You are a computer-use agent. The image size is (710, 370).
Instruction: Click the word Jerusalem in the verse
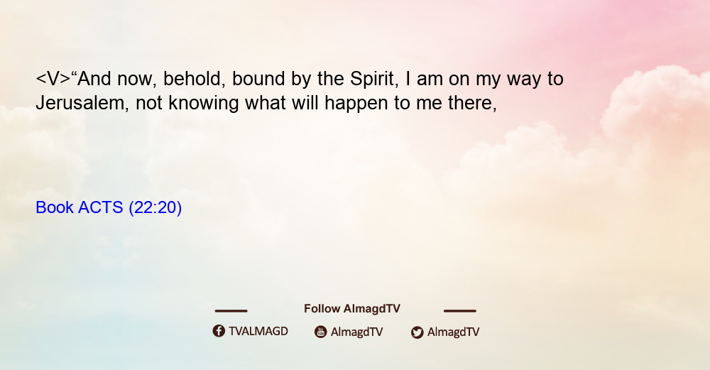coord(80,103)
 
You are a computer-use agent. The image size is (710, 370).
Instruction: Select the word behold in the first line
coord(194,79)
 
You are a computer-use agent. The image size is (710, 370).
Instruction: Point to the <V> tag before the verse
coord(53,79)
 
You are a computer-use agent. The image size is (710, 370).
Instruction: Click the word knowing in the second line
coord(203,103)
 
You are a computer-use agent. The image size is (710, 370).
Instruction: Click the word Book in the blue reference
coord(55,207)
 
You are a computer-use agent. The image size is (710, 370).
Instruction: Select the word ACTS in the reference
coord(101,207)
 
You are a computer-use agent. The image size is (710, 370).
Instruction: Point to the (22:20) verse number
coord(155,207)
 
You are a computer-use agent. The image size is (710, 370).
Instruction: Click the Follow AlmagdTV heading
coord(352,308)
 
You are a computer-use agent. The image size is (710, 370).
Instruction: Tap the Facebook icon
coord(219,331)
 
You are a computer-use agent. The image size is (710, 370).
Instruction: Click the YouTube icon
coord(321,332)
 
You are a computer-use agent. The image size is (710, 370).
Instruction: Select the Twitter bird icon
coord(417,332)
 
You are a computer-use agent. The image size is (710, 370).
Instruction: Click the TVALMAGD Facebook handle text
coord(258,331)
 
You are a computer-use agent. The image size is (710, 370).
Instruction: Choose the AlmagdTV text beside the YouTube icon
coord(357,332)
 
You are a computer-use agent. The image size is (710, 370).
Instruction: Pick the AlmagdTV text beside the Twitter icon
coord(453,332)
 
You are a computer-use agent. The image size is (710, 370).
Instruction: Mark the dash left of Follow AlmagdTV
coord(231,310)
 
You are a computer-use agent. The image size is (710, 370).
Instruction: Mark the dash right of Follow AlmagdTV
coord(460,310)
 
